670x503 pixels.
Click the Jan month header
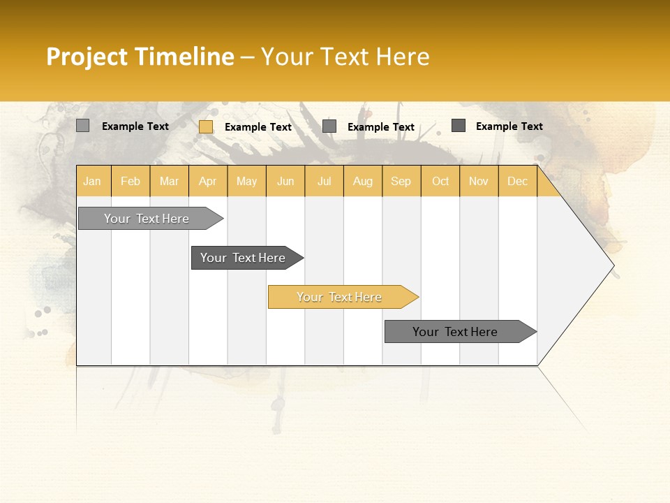tap(93, 181)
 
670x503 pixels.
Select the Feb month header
tap(131, 181)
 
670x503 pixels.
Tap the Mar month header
tap(169, 181)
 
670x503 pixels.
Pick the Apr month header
tap(208, 181)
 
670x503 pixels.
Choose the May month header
tap(246, 181)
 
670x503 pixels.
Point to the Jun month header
tap(285, 181)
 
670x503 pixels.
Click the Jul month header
tap(324, 181)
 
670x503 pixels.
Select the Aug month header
tap(363, 181)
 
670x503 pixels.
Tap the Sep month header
tap(401, 181)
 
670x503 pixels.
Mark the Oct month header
tap(440, 181)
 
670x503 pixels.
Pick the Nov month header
tap(479, 181)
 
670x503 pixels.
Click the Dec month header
tap(517, 181)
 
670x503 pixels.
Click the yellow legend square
tap(206, 126)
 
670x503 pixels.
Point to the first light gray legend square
tap(83, 126)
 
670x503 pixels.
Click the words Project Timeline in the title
tap(140, 57)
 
